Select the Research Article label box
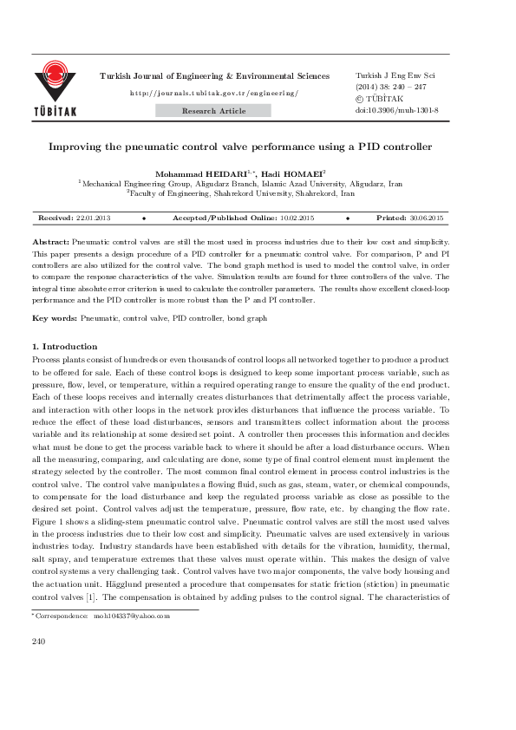coord(213,111)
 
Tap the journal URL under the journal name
coord(213,93)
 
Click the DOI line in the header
coord(397,111)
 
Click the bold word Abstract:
coord(50,240)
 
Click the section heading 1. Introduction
coord(64,347)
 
